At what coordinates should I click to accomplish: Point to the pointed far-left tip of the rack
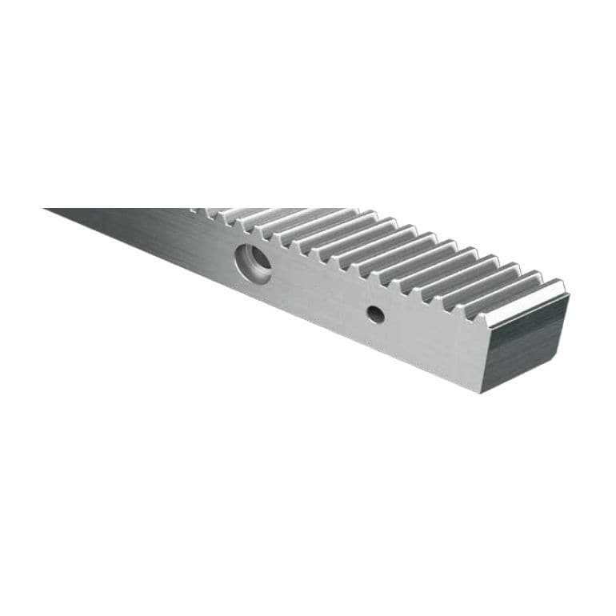pos(46,210)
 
